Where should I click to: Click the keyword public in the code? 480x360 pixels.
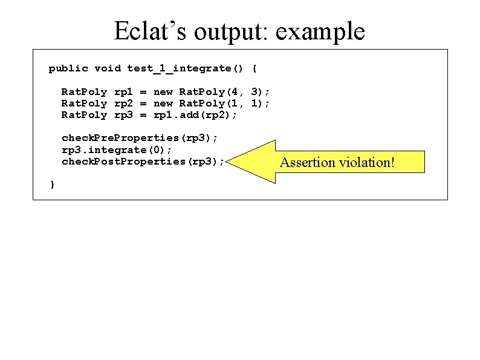68,68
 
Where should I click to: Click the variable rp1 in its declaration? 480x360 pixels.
123,92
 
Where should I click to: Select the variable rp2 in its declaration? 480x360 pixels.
123,103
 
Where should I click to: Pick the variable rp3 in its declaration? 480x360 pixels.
123,115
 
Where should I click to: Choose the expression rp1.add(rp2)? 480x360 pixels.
195,115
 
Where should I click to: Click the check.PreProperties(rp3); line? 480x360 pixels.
140,138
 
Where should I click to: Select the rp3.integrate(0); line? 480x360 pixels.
117,149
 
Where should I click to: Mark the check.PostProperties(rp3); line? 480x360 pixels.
143,162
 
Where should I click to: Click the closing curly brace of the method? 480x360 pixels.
52,184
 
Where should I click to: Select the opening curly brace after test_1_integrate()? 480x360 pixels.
254,68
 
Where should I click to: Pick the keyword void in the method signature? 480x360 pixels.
108,68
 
